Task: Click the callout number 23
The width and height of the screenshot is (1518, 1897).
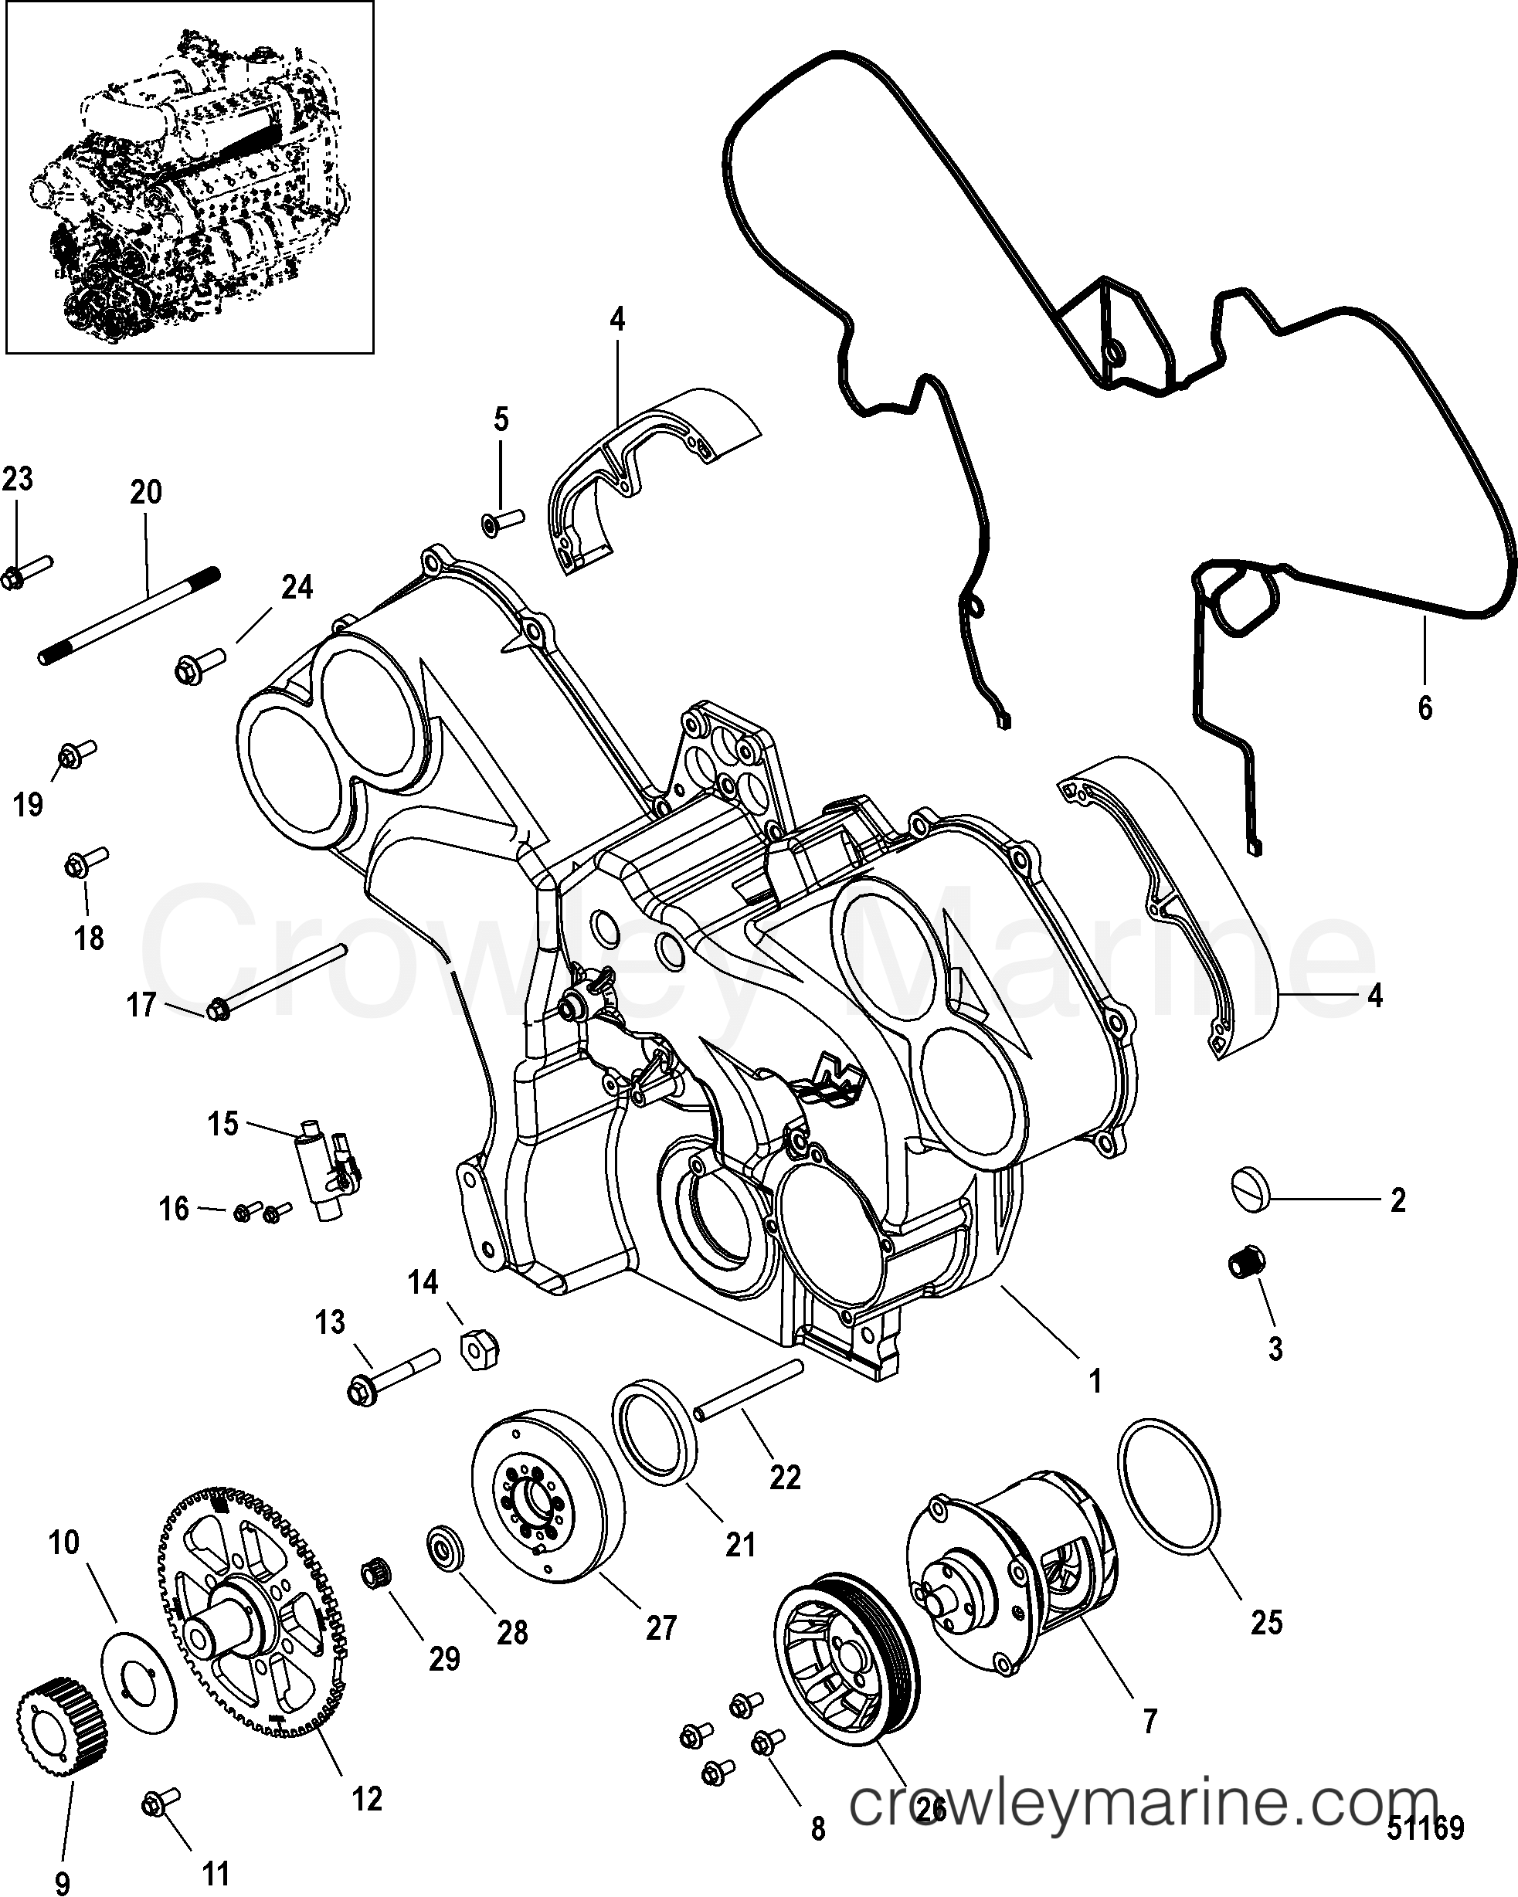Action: pyautogui.click(x=17, y=480)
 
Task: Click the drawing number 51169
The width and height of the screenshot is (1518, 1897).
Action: pyautogui.click(x=1425, y=1827)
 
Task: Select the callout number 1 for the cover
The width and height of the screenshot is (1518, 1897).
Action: pyautogui.click(x=1095, y=1383)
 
